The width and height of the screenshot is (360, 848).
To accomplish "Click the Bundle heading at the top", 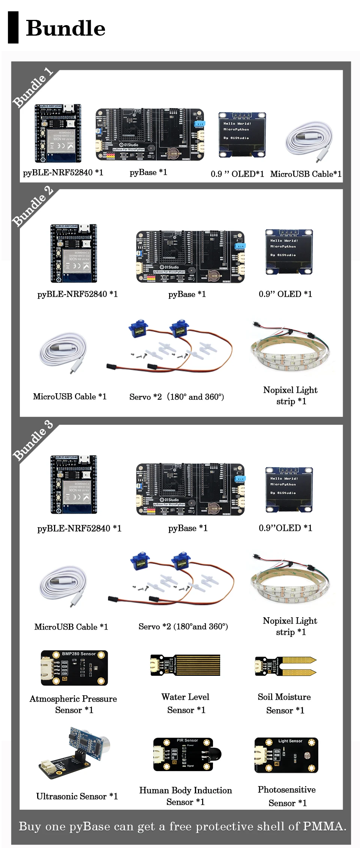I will tap(66, 29).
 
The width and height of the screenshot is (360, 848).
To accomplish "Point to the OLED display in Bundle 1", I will tap(242, 135).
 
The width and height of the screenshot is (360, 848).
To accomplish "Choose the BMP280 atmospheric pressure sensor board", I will tap(74, 668).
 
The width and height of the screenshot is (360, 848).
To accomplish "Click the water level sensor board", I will tap(185, 665).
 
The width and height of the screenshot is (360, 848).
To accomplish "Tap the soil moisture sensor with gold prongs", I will tap(285, 666).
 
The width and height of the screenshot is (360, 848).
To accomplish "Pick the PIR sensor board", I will tap(183, 754).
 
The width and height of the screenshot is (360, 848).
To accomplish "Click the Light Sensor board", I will tap(286, 755).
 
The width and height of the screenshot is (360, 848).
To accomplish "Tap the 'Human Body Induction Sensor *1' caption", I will tap(185, 796).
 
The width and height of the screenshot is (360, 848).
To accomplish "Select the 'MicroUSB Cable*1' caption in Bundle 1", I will tap(306, 174).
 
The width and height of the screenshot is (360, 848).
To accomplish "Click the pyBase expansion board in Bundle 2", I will tap(190, 257).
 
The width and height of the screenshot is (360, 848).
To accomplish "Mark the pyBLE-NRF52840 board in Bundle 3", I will tap(74, 484).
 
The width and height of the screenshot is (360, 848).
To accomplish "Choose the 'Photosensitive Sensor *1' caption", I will tap(287, 796).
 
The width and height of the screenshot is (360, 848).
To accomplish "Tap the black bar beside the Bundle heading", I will tap(13, 27).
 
